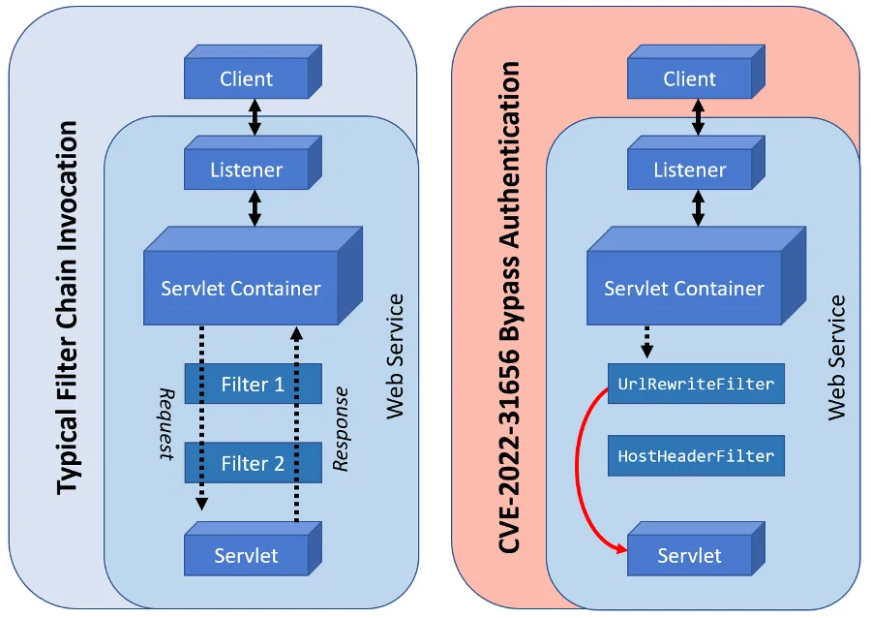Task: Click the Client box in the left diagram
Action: tap(246, 79)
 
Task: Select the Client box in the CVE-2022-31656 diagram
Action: tap(689, 79)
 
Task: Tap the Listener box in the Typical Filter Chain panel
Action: tap(246, 170)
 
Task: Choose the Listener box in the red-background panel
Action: tap(689, 170)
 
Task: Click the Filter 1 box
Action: tap(253, 385)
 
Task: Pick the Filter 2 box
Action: tap(253, 463)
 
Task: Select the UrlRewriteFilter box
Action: tap(695, 385)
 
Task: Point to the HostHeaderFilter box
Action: tap(695, 456)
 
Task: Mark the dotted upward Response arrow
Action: tap(296, 426)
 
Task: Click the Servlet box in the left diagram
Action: tap(246, 555)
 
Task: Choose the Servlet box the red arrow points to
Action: tap(689, 555)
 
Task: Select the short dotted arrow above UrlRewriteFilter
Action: tap(646, 339)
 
